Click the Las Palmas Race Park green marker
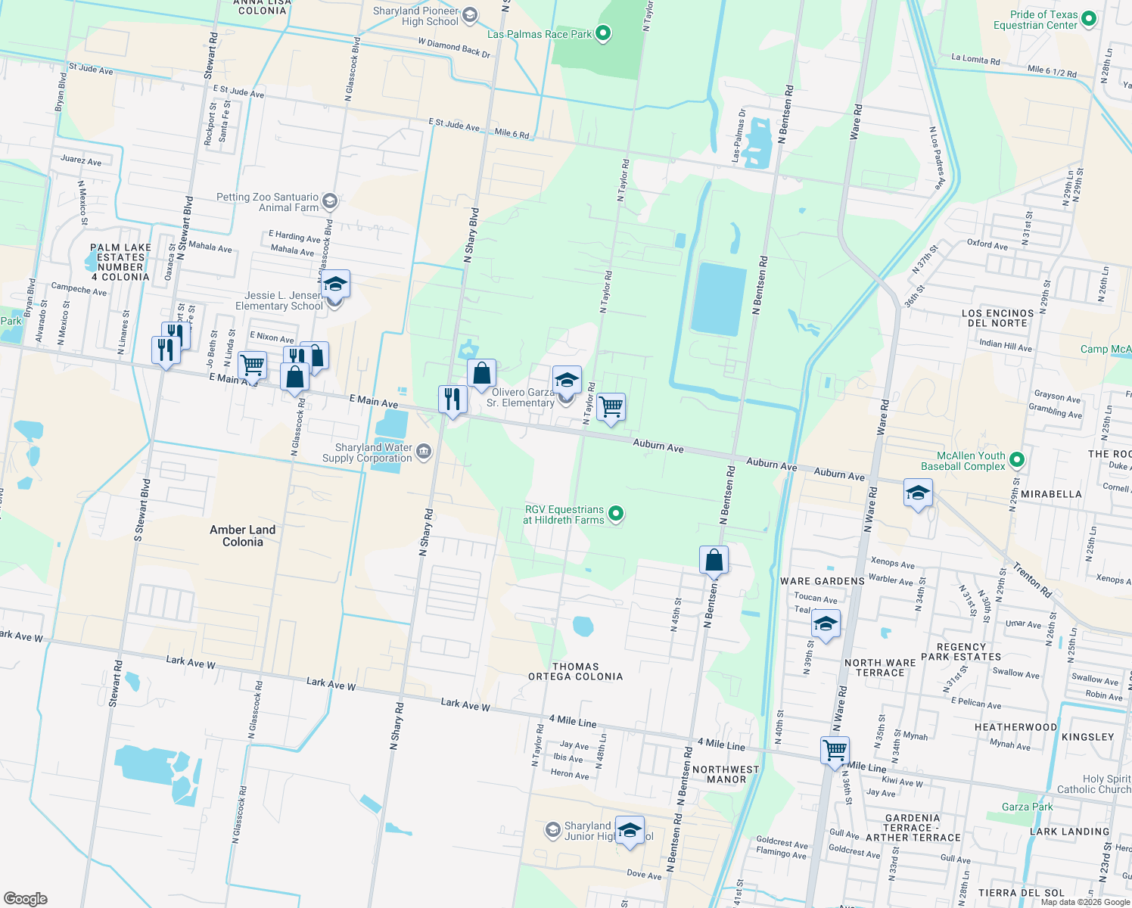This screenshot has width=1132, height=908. click(x=603, y=33)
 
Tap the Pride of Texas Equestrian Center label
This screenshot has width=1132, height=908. click(x=1035, y=20)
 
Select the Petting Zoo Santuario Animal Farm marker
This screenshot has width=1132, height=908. click(x=329, y=201)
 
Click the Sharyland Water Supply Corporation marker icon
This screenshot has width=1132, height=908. click(x=424, y=452)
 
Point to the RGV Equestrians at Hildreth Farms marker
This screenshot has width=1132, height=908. click(x=616, y=515)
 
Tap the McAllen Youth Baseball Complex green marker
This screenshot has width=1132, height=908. click(x=1017, y=460)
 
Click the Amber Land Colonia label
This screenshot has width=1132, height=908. click(x=243, y=536)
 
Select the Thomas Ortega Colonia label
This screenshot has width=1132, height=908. click(x=576, y=672)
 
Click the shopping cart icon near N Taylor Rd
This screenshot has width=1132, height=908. click(x=611, y=407)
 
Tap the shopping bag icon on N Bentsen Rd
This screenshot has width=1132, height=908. click(x=714, y=560)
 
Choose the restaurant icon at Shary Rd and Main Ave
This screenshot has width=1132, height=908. click(x=452, y=399)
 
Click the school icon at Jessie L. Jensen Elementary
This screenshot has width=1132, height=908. click(x=334, y=285)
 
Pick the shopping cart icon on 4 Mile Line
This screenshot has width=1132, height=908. click(x=835, y=751)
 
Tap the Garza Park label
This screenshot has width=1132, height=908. click(x=1027, y=807)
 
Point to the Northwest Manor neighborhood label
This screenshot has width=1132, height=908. click(x=726, y=774)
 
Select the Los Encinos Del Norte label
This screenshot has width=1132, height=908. click(x=997, y=318)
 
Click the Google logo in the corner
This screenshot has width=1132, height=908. click(x=26, y=898)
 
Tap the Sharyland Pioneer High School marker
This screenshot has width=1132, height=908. click(x=470, y=15)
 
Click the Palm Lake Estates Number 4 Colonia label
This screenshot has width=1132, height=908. click(x=120, y=262)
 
